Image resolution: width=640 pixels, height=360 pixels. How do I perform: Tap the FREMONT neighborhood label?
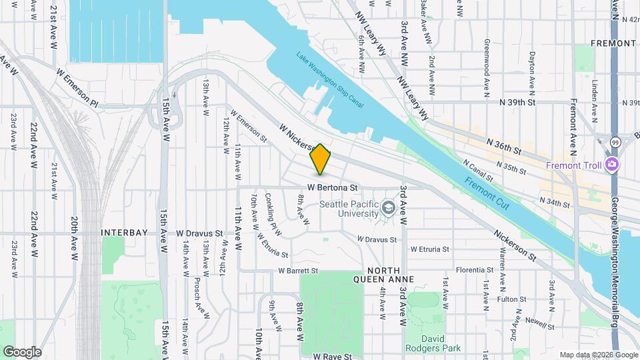613,43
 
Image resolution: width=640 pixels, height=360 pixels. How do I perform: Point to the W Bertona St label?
333,187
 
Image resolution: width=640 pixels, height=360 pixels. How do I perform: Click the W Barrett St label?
298,271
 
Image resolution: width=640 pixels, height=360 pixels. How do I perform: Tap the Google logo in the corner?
22,352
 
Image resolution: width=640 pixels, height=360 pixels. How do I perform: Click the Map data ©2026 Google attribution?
597,355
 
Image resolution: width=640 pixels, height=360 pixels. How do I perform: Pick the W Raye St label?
332,357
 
